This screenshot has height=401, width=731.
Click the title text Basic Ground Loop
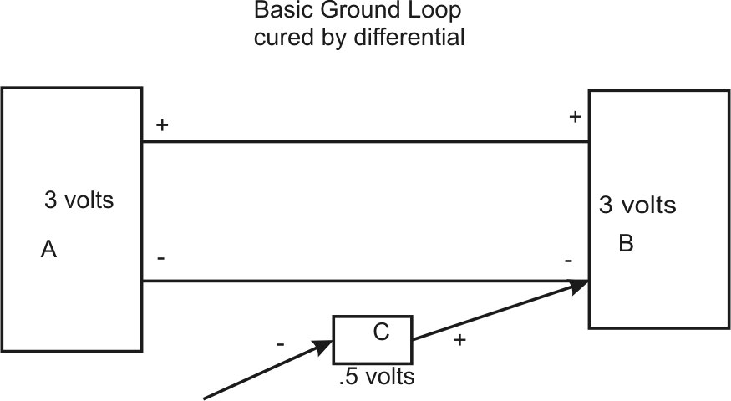click(x=358, y=13)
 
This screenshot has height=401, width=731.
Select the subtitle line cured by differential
click(x=359, y=38)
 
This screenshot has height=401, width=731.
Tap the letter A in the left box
click(x=48, y=249)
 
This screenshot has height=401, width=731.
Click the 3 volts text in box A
click(x=78, y=200)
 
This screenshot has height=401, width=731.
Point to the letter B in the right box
click(x=626, y=244)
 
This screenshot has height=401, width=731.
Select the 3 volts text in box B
click(x=637, y=205)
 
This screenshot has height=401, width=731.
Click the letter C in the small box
click(x=380, y=332)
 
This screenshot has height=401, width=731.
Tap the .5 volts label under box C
click(x=377, y=377)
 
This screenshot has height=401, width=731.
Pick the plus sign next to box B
click(x=575, y=118)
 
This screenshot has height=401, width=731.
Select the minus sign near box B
click(x=569, y=261)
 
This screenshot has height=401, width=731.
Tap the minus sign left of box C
click(x=281, y=343)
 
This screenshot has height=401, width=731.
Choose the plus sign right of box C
click(x=458, y=342)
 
